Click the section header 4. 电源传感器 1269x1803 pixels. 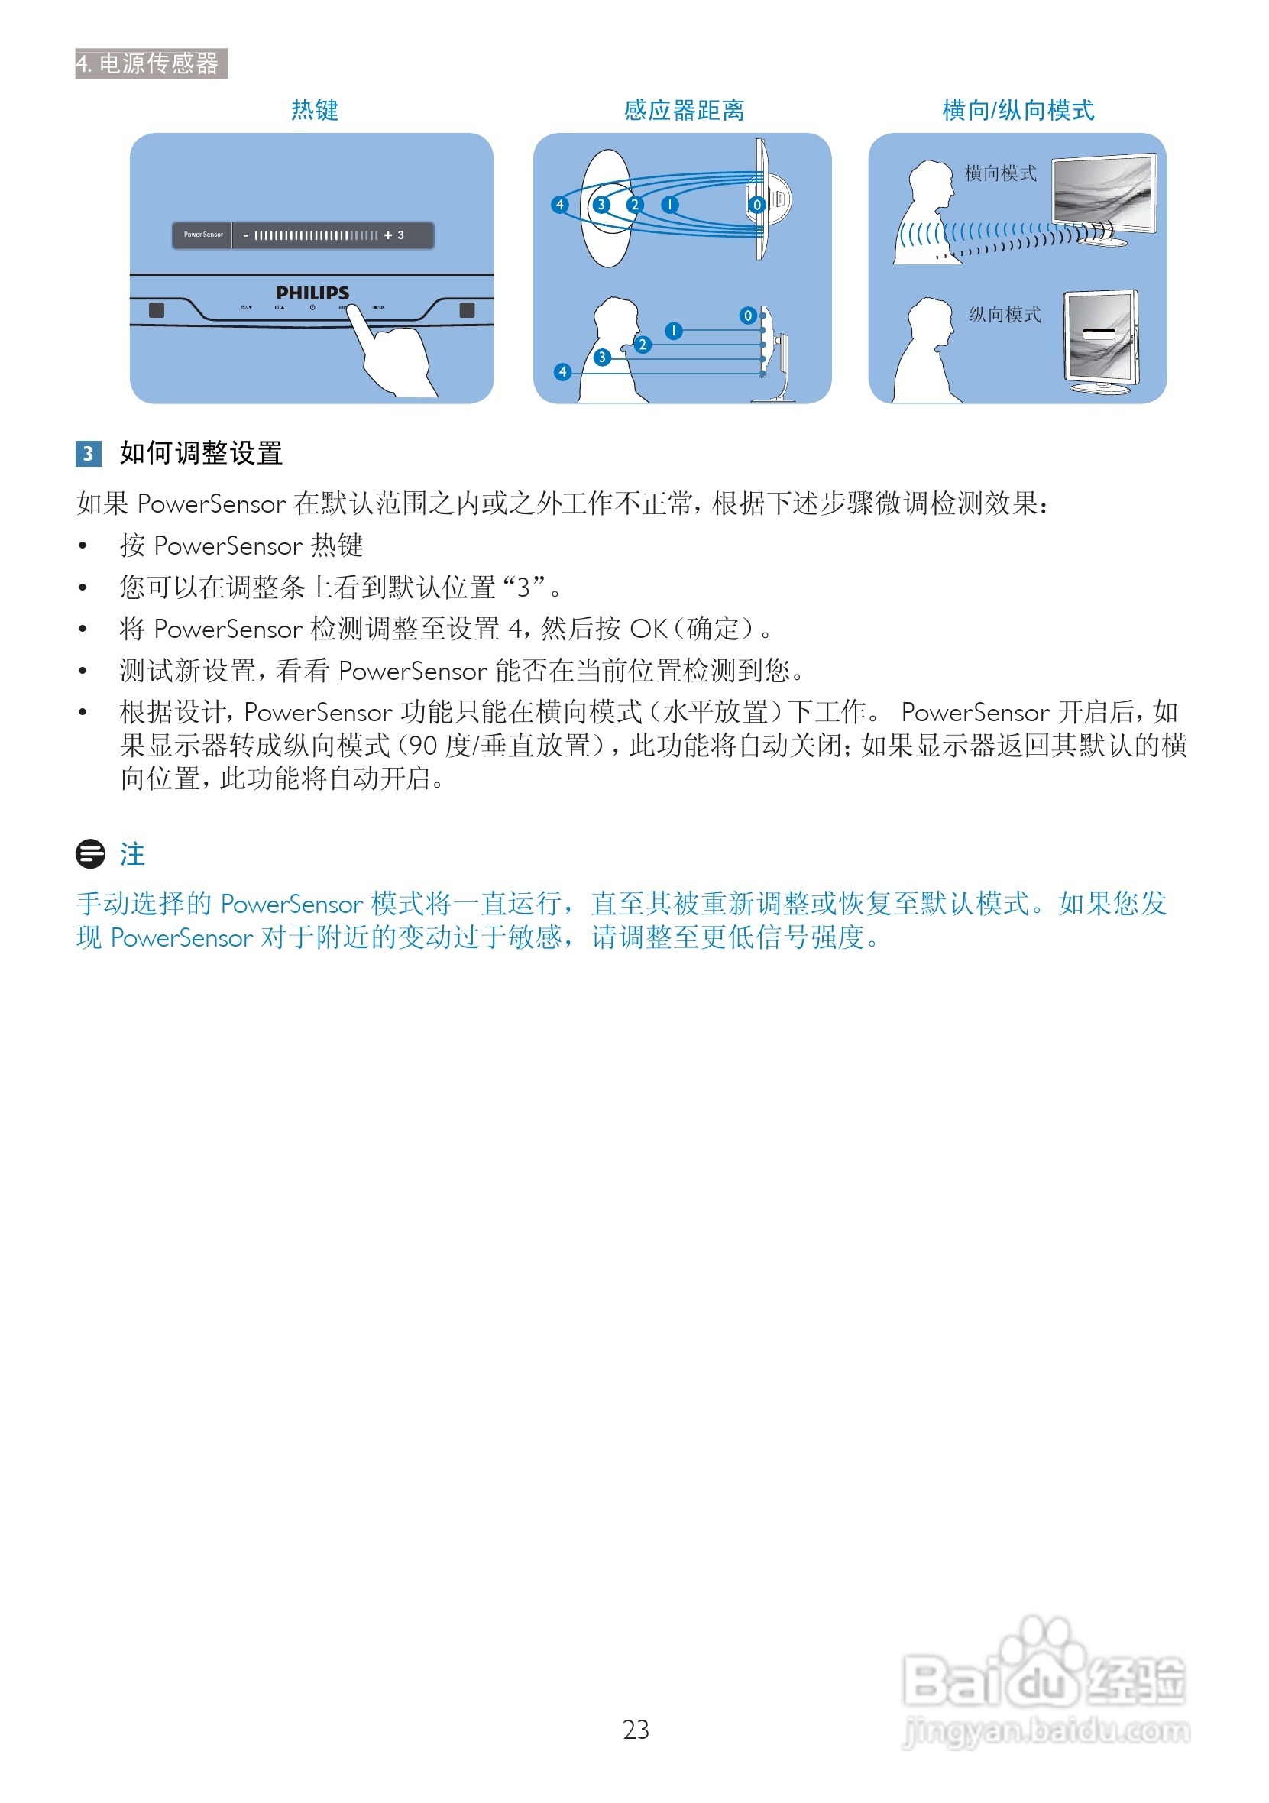pos(151,63)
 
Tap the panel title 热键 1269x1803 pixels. pos(314,110)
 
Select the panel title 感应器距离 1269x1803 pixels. pos(683,110)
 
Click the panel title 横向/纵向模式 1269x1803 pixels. pos(1018,110)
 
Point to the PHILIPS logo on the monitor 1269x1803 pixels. pos(312,293)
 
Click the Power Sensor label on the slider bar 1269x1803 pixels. pos(203,235)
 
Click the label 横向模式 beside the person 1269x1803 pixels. pos(999,173)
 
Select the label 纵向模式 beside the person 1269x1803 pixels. pos(1005,315)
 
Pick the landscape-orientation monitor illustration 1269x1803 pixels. pos(1103,196)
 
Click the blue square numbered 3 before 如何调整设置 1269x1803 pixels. pos(88,453)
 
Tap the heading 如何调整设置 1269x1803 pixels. pos(201,453)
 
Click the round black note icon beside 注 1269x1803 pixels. pos(90,853)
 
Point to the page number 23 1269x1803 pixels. pos(636,1729)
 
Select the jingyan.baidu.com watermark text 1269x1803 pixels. pos(1046,1730)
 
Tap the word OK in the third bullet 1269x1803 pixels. pos(648,628)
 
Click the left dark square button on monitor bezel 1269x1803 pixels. pos(157,310)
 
